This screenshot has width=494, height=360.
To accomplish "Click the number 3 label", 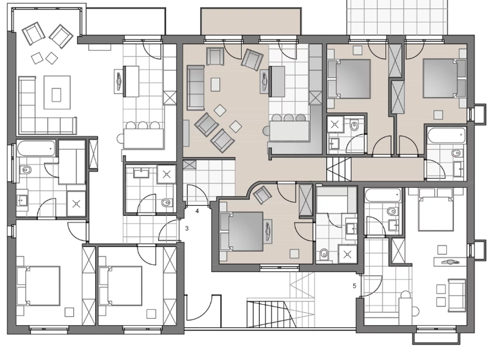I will tap(187, 228).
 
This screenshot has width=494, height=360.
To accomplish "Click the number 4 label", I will tap(197, 210).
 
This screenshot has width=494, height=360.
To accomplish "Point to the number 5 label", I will tap(354, 285).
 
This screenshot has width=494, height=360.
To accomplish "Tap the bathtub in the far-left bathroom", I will tap(35, 149).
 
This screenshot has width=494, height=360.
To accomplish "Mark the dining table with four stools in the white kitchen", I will tap(143, 137).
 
